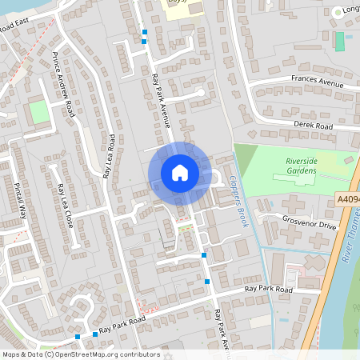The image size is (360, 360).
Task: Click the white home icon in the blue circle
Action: tap(180, 173)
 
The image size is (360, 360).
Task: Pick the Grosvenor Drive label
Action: tap(310, 226)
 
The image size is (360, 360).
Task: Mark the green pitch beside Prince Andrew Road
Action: tap(39, 112)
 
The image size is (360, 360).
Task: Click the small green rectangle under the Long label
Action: tap(340, 41)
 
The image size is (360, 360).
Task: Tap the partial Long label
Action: tap(350, 10)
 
